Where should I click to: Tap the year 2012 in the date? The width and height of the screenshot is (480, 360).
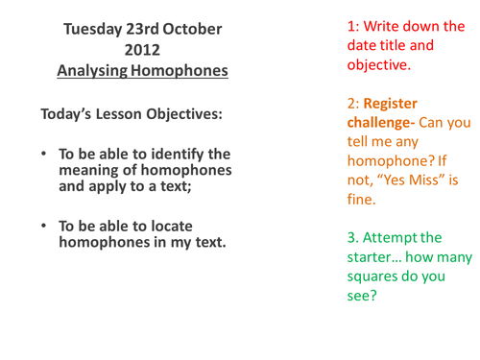(142, 50)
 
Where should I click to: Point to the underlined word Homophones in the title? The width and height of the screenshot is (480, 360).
(181, 70)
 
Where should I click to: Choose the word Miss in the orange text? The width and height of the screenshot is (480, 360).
(424, 181)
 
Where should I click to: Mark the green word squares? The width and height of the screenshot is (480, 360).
(374, 280)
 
